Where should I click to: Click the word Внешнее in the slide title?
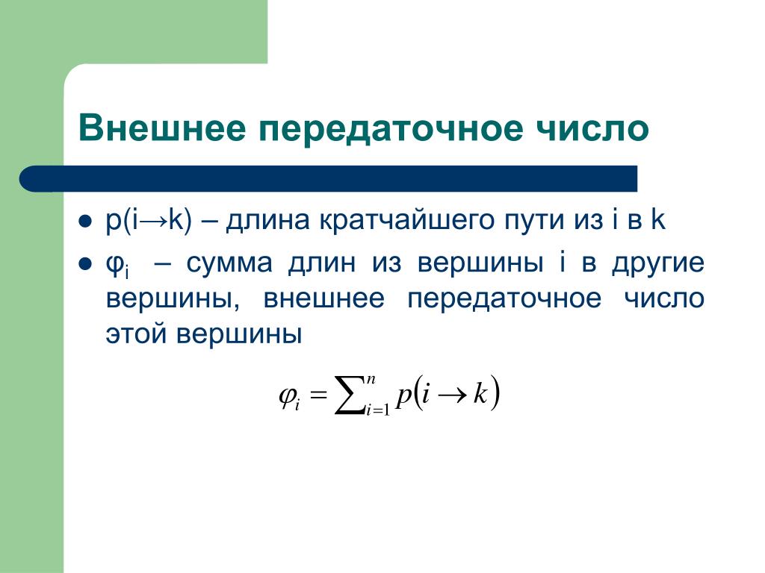point(162,128)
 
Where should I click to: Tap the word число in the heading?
point(592,128)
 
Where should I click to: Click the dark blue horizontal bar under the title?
point(329,178)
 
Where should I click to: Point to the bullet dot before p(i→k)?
point(85,222)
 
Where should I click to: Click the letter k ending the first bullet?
point(658,219)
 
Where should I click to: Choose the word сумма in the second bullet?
point(229,264)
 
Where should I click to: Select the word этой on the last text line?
point(136,334)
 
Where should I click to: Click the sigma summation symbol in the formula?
point(350,395)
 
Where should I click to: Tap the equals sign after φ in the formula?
point(318,394)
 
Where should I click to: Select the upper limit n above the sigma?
point(371,379)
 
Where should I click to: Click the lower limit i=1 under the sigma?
point(378,410)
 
